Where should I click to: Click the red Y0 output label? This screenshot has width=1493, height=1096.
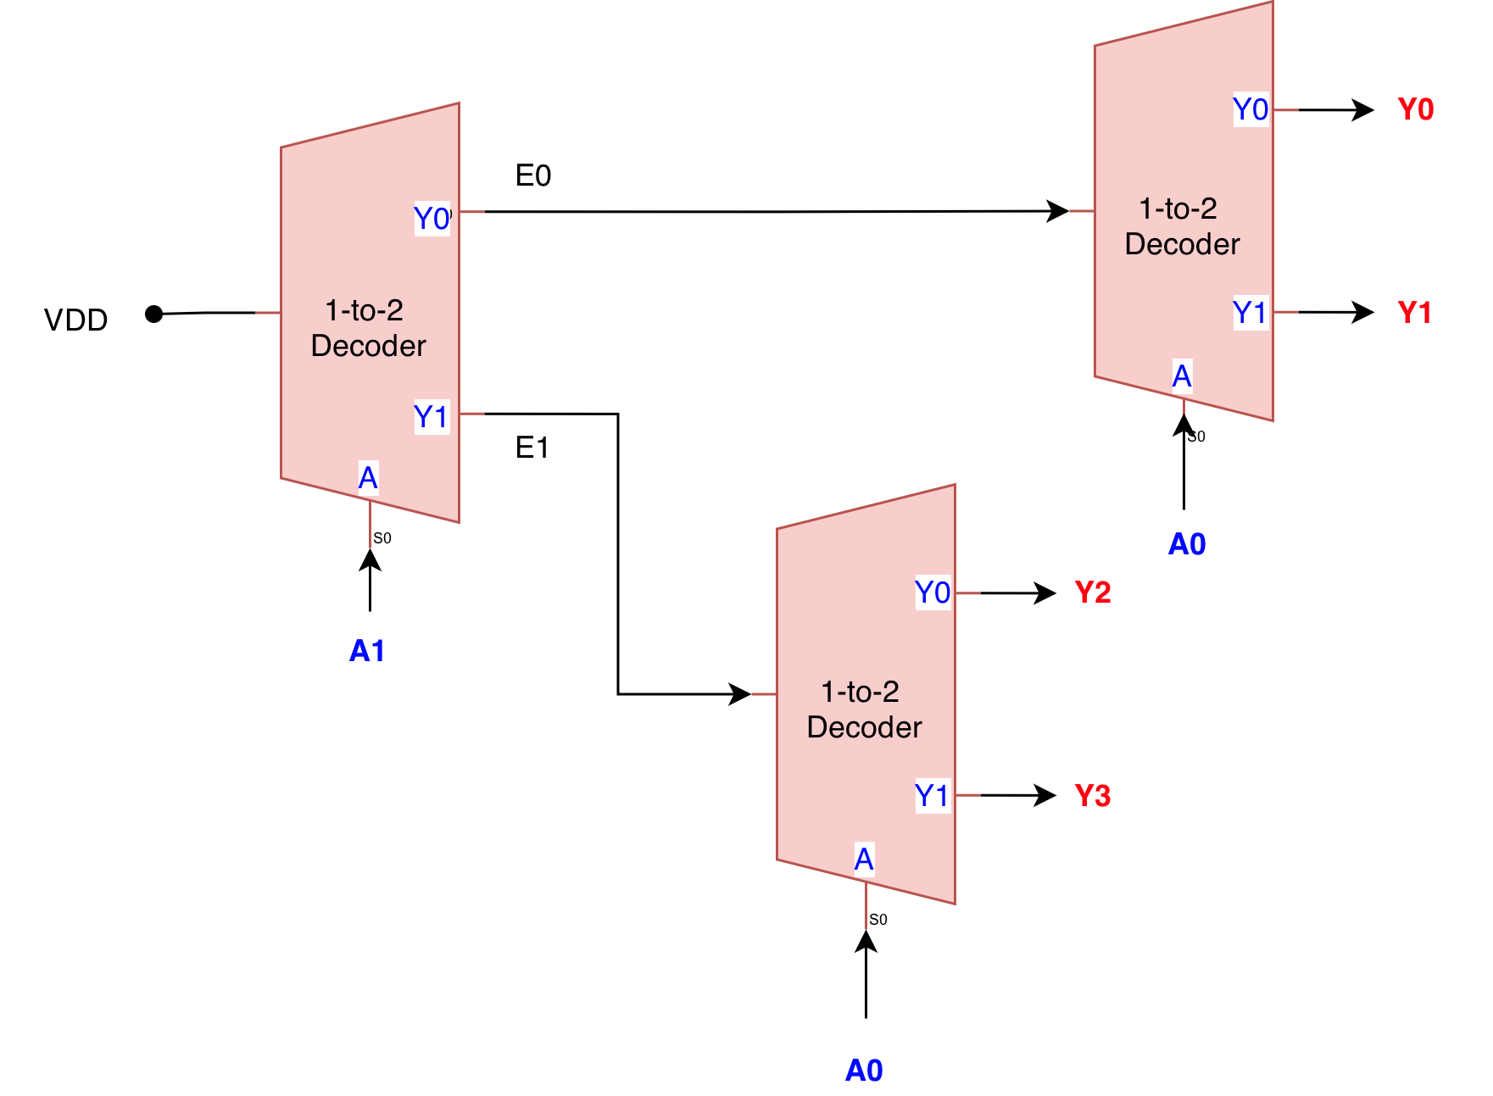coord(1415,109)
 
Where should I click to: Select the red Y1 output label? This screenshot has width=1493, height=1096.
coord(1414,313)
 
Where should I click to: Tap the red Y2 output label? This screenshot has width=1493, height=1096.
coord(1092,592)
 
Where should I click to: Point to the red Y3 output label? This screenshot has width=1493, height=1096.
coord(1092,796)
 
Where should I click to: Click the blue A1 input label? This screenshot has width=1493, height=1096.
coord(367,650)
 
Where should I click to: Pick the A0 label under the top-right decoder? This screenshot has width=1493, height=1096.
coord(1186,544)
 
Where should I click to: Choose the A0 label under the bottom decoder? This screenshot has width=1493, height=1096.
coord(864,1071)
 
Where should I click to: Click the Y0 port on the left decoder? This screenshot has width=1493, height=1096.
coord(432,219)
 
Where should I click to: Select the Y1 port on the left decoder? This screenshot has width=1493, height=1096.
coord(431,417)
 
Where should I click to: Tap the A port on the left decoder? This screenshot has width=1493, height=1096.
coord(368,478)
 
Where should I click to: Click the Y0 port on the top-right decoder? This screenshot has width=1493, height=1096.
coord(1251,109)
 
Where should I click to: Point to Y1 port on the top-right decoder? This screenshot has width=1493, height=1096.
coord(1250,313)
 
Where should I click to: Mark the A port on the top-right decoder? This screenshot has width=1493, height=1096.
coord(1182,376)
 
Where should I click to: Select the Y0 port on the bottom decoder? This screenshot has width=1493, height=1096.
coord(933,592)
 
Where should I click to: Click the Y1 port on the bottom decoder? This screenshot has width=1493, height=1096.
coord(932,796)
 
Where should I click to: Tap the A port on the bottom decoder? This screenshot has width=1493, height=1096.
coord(864,859)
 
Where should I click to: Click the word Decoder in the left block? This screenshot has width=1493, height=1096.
coord(368,346)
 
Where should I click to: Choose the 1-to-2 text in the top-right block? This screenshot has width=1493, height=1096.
coord(1178,209)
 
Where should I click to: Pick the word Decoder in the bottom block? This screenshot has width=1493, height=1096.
coord(864,727)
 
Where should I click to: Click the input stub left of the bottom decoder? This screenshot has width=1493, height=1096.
coord(763,694)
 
